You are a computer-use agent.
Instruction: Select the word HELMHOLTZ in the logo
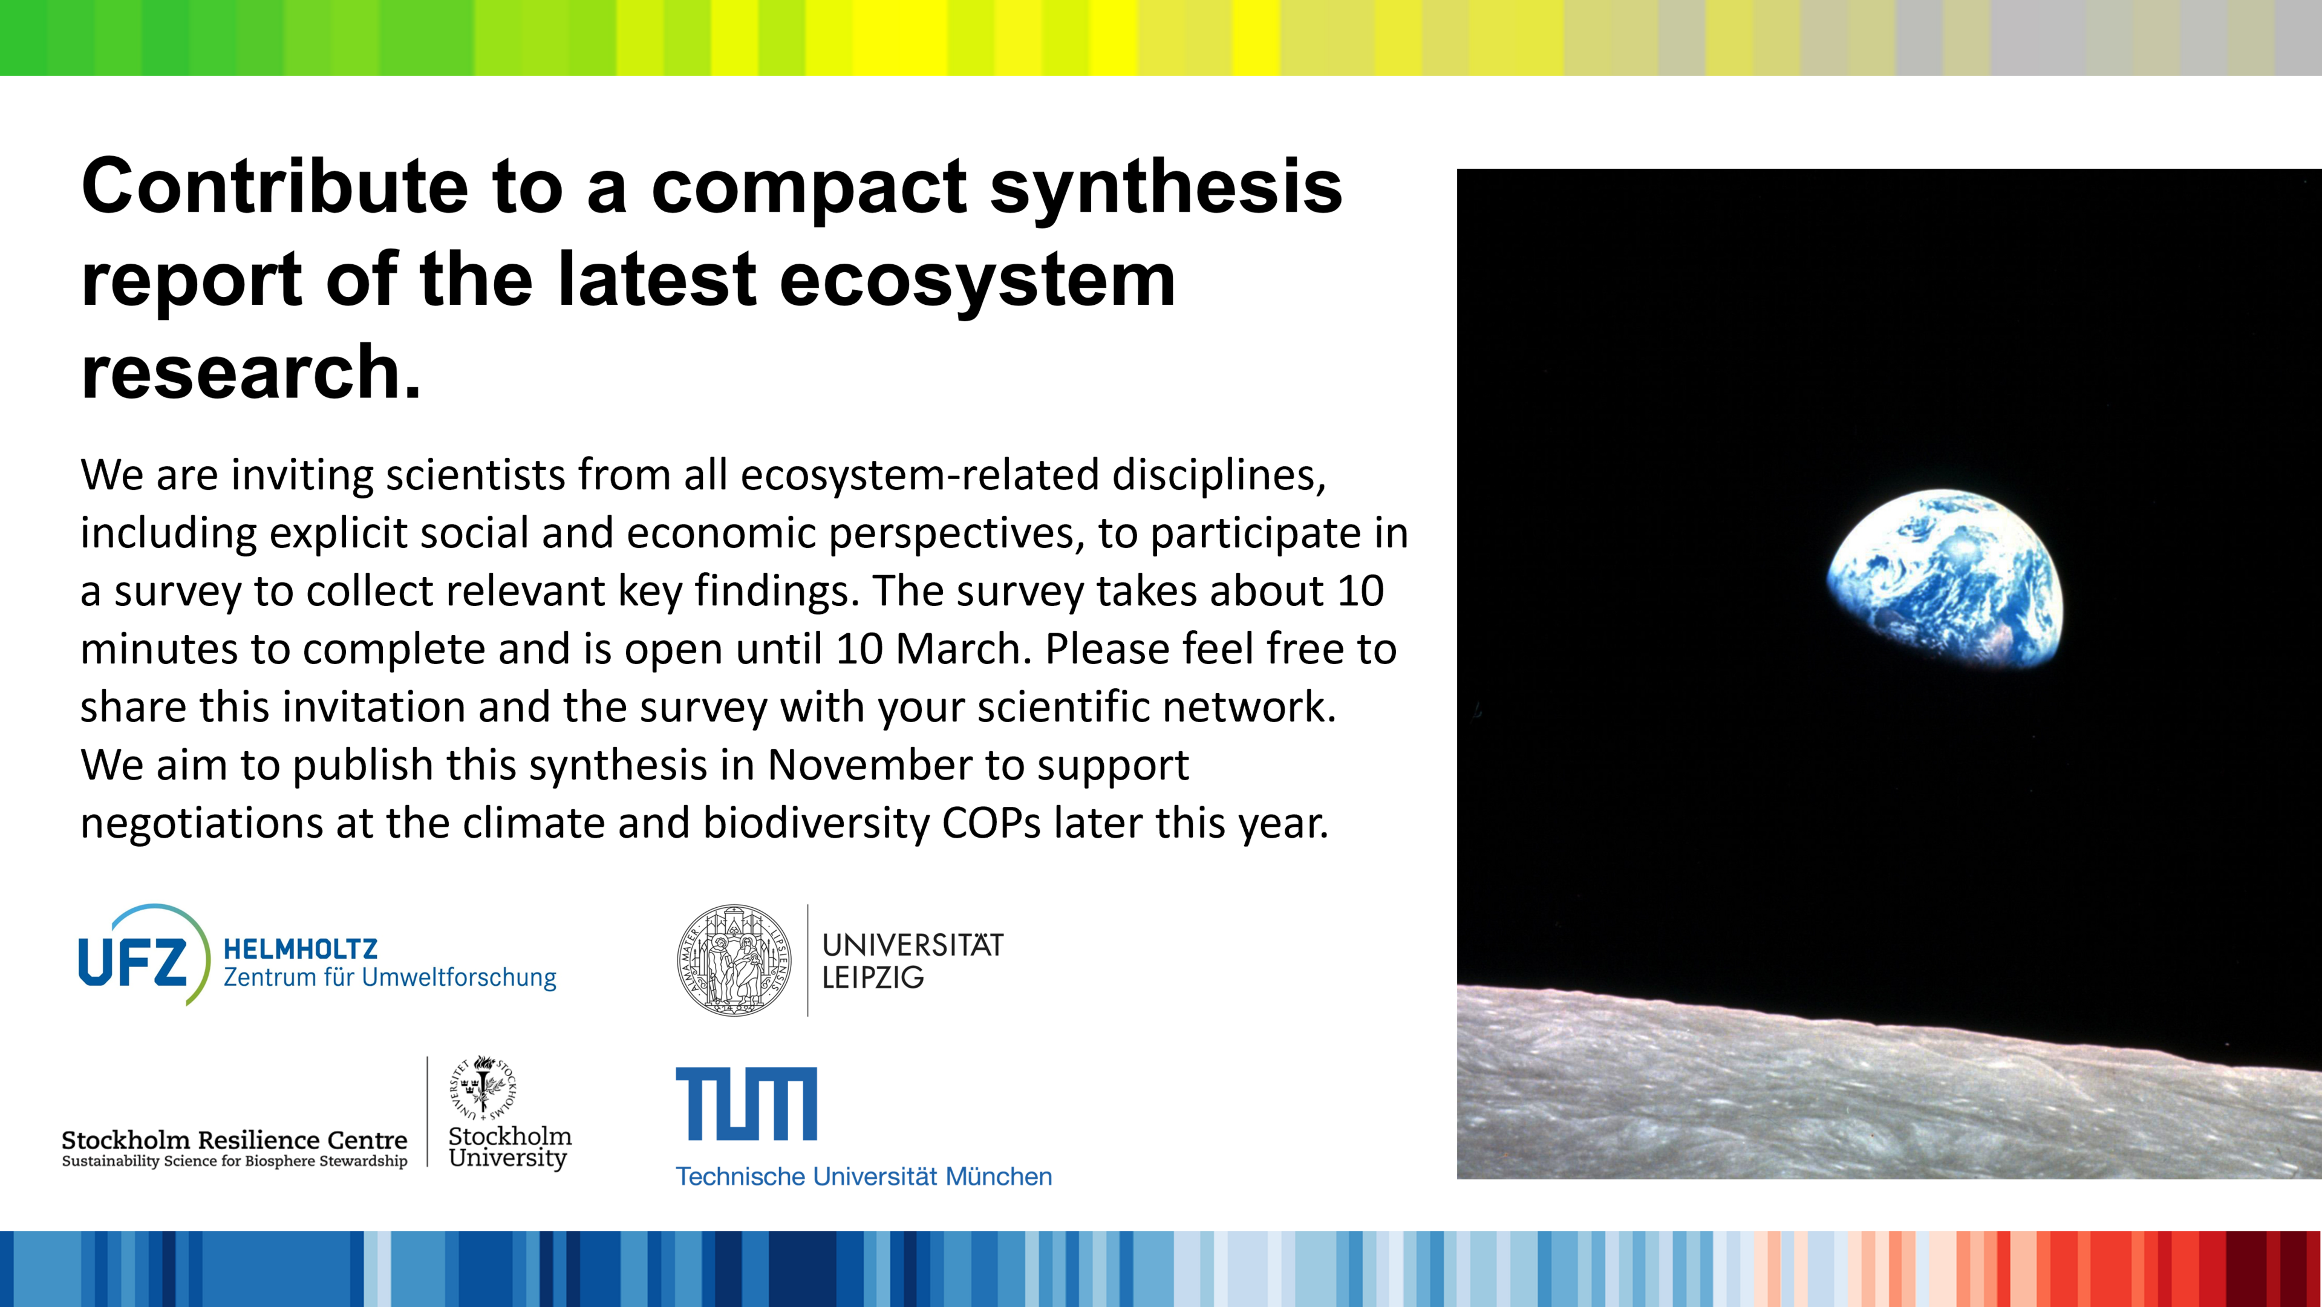pos(300,949)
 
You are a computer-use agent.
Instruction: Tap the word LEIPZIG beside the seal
pos(873,977)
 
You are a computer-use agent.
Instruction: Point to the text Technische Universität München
pos(864,1176)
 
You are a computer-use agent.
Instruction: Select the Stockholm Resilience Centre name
pos(234,1139)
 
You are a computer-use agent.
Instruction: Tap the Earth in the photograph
pos(1945,579)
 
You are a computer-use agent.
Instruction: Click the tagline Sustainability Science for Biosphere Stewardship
pos(234,1161)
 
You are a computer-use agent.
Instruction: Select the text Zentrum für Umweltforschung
pos(390,977)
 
